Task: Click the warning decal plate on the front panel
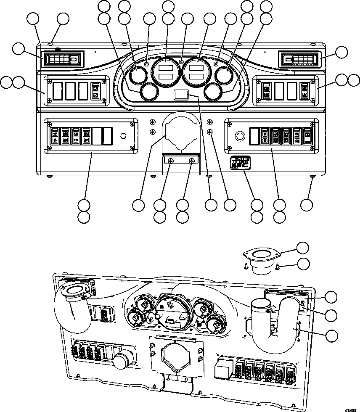tap(241, 163)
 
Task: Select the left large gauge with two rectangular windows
tap(164, 70)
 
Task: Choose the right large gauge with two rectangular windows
tap(198, 70)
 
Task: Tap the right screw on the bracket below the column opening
tap(192, 161)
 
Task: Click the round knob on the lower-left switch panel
tap(123, 136)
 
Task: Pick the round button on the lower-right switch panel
tap(240, 136)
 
